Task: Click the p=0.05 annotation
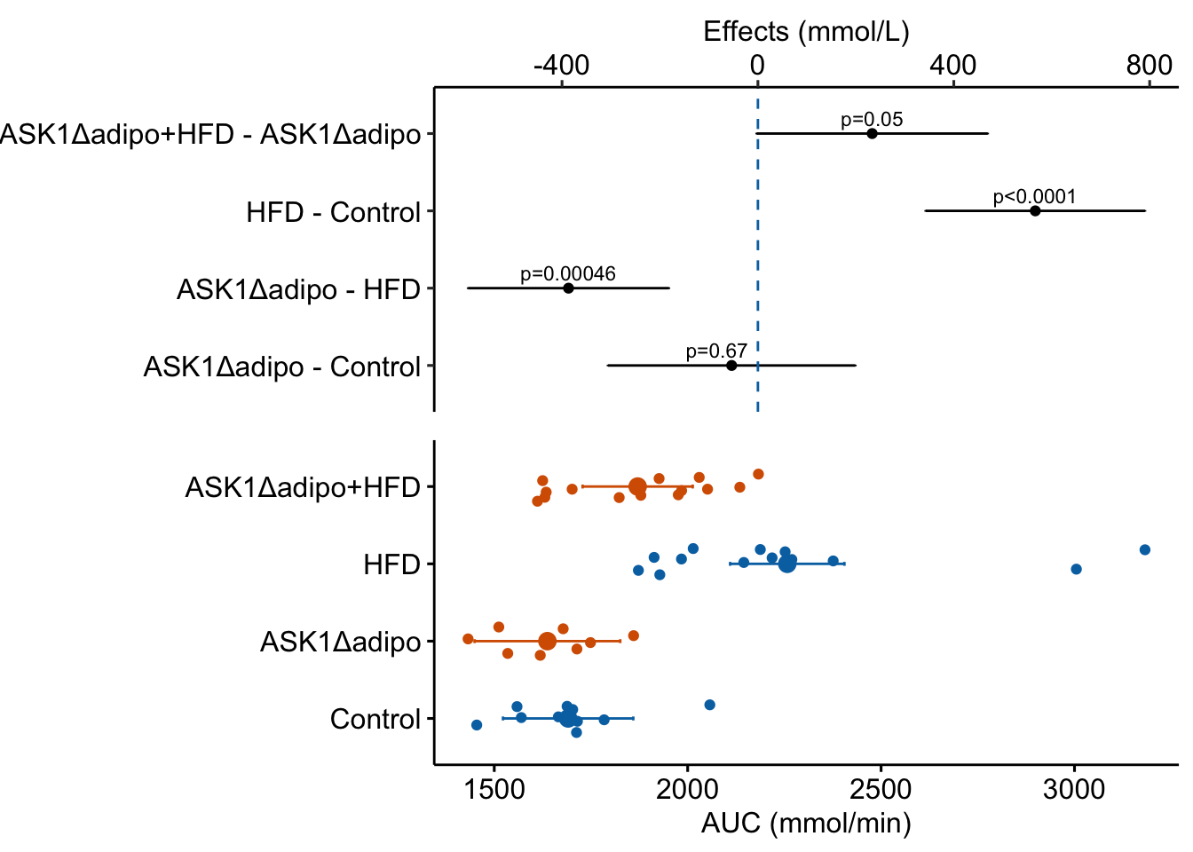872,120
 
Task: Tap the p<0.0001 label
1034,197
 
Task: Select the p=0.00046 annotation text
568,274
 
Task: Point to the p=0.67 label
716,351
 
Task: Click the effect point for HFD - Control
1035,211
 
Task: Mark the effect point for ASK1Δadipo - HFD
568,288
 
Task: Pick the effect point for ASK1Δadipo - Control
731,366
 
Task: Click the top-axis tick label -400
561,65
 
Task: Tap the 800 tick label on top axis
1149,65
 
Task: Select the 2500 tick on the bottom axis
881,790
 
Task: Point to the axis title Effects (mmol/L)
806,32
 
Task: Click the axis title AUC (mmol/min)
806,824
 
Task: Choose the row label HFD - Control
333,213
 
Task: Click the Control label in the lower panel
375,719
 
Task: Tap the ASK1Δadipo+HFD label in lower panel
302,487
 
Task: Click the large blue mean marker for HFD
787,564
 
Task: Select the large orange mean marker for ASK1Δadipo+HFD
637,486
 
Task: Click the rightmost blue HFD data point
1145,550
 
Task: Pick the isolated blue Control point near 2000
709,705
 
